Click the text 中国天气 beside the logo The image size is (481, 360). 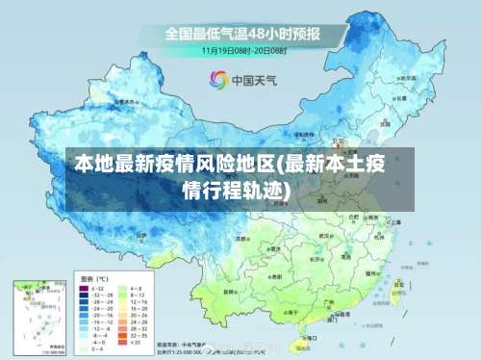[252, 81]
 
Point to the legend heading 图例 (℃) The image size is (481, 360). [92, 278]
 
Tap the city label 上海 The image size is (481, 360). [396, 221]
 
